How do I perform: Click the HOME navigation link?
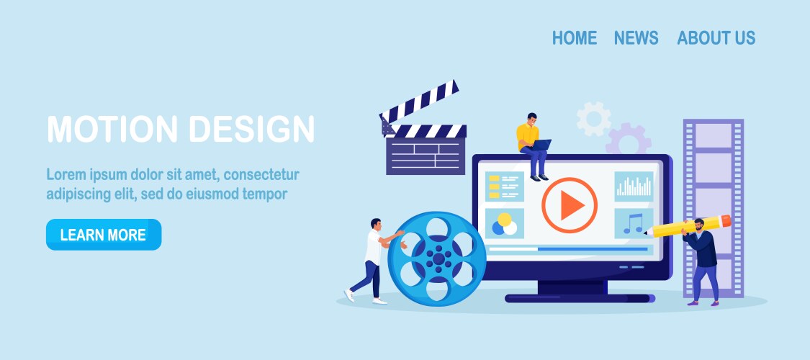coord(575,37)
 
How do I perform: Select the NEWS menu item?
coord(636,37)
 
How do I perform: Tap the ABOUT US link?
coord(716,37)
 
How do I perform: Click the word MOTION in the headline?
coord(112,129)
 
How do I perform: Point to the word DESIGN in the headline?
coord(251,129)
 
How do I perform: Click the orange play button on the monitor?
coord(570,205)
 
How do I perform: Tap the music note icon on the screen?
coord(634,224)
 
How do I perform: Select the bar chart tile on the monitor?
coord(634,186)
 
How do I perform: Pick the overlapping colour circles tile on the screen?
coord(505,224)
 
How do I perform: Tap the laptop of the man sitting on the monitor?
coord(540,145)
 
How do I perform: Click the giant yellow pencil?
coord(688,226)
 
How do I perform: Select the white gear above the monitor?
coord(593,119)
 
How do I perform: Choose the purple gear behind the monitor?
coord(628,139)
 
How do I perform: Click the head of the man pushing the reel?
coord(376,224)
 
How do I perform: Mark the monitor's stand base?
coord(580,298)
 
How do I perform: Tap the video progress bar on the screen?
coord(568,249)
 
